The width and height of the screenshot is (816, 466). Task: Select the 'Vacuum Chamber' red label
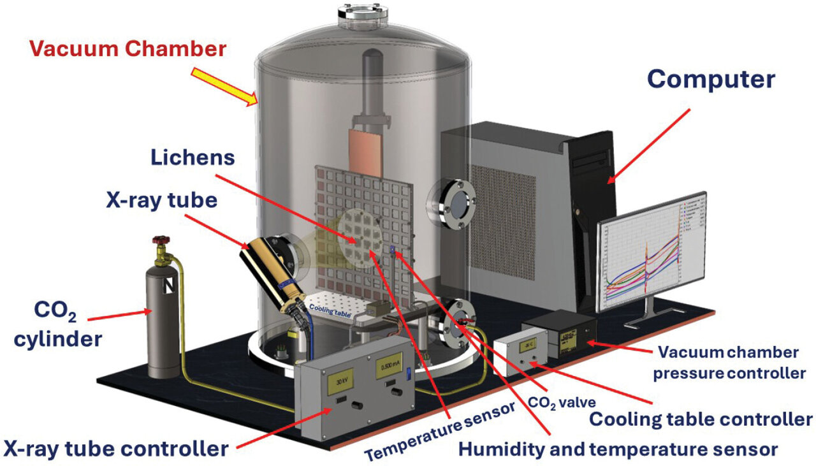click(127, 48)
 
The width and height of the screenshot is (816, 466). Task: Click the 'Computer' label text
click(711, 79)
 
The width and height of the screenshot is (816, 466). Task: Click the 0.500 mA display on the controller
click(388, 370)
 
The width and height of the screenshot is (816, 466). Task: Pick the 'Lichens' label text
click(193, 157)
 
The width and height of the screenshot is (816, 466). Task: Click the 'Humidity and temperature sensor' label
click(618, 449)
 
